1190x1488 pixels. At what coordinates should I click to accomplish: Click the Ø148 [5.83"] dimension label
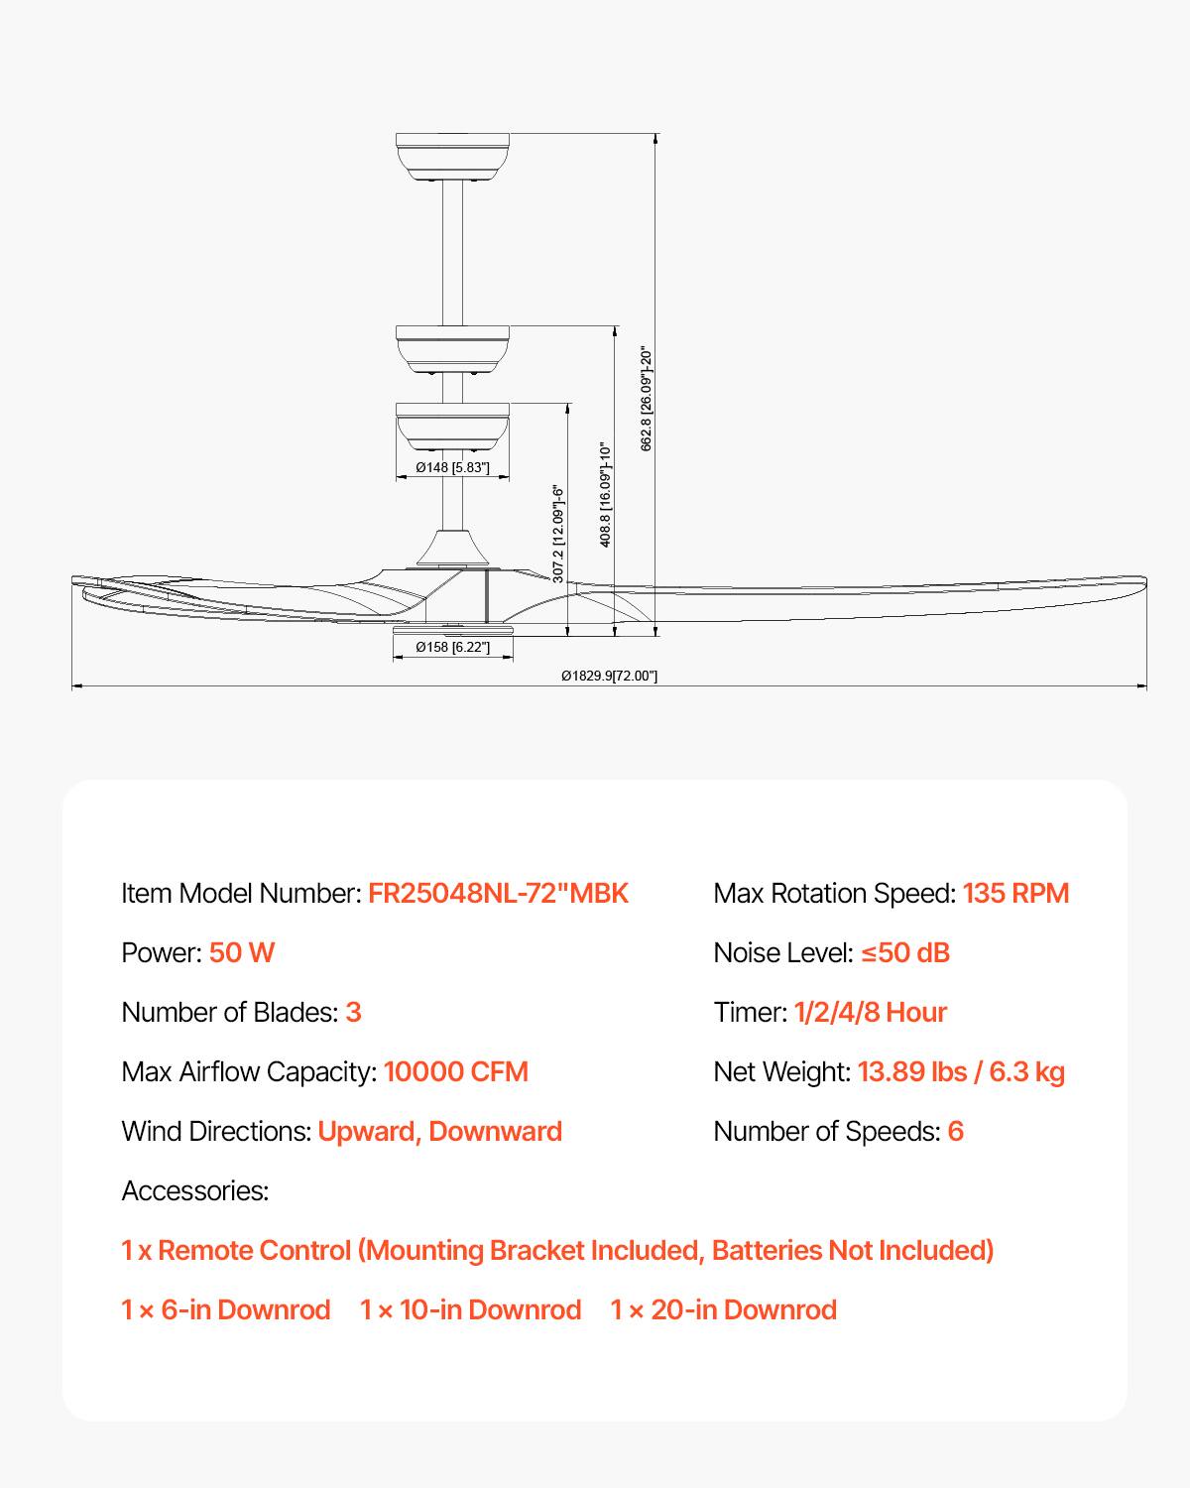point(452,467)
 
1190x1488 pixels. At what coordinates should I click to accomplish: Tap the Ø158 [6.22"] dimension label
point(452,647)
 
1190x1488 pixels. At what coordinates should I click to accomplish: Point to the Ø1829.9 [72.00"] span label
point(609,676)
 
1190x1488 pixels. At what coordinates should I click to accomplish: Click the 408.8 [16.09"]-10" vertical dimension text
point(605,494)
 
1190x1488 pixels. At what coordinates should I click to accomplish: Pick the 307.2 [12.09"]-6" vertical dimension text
point(559,534)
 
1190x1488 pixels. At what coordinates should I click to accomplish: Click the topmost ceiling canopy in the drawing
point(452,157)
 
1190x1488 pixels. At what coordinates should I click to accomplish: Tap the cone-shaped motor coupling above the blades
point(452,549)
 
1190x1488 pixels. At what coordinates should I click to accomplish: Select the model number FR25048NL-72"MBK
point(498,894)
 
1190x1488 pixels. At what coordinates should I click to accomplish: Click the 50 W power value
point(242,953)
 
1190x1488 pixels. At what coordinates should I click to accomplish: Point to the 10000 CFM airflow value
point(456,1072)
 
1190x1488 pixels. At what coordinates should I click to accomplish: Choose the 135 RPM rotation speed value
point(1015,894)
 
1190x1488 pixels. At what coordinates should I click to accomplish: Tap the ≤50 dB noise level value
point(905,953)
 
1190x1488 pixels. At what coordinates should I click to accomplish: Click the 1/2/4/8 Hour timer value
point(871,1013)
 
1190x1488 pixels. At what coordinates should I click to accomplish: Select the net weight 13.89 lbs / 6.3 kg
point(961,1072)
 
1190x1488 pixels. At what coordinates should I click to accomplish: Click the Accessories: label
point(195,1190)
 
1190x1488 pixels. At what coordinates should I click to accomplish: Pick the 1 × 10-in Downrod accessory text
point(470,1310)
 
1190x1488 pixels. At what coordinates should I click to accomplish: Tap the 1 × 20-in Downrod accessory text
point(723,1310)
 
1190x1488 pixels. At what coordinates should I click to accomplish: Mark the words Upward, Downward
point(439,1132)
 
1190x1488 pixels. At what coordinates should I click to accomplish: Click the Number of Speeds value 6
point(955,1132)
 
